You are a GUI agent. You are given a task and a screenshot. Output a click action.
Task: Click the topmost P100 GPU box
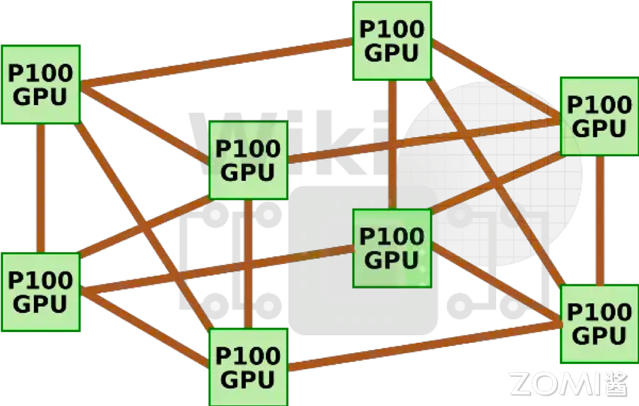(x=392, y=41)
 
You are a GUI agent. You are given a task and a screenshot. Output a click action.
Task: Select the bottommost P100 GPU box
(x=249, y=368)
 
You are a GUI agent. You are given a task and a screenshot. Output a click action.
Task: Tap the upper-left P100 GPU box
(x=40, y=84)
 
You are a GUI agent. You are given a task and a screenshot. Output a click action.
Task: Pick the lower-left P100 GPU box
(x=40, y=292)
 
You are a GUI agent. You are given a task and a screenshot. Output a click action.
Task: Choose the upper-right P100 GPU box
(x=599, y=116)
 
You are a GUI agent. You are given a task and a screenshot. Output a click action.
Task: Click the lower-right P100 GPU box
(x=599, y=324)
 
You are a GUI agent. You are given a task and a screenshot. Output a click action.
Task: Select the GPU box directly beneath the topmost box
(x=392, y=248)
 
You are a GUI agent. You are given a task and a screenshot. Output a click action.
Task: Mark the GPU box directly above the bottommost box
(x=249, y=160)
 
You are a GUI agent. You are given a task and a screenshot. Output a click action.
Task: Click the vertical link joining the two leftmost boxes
(x=40, y=188)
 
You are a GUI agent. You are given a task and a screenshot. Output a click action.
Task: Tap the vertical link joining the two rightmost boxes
(x=599, y=220)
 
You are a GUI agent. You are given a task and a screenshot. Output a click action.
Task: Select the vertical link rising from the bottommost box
(x=249, y=264)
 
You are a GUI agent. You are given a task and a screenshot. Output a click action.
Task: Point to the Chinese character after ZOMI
(x=615, y=384)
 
